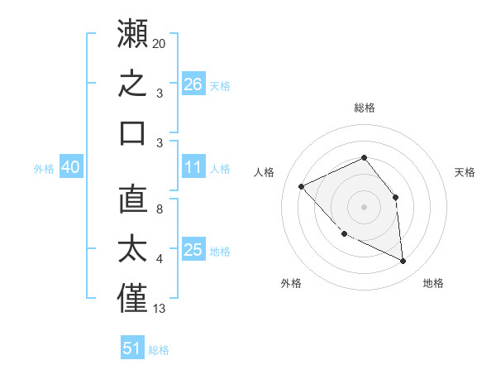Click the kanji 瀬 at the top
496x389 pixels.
coord(132,33)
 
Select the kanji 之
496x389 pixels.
coord(132,83)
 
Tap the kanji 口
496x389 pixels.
coord(132,133)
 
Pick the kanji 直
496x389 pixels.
coord(133,199)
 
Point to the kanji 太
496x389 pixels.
coord(132,248)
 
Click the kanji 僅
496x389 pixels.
coord(132,298)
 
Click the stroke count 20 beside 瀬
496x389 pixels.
coord(159,44)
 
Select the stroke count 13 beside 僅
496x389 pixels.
coord(159,309)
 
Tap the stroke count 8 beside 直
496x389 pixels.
coord(160,209)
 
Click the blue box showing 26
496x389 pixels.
coord(193,84)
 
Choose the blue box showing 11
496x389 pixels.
coord(193,166)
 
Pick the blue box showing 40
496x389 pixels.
coord(71,166)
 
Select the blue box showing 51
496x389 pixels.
coord(132,347)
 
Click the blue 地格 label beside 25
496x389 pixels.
coord(220,252)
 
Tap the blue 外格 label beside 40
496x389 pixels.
coord(44,169)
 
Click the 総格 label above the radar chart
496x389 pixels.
coord(365,108)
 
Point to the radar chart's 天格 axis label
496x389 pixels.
coord(465,172)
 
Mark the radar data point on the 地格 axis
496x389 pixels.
coord(403,261)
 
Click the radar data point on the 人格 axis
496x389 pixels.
coord(302,186)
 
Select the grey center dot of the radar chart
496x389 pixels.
coord(364,207)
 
